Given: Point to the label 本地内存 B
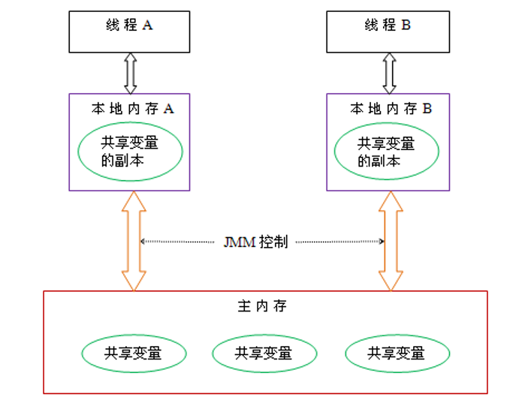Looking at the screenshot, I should (x=391, y=108).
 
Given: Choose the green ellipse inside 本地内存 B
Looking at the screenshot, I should (x=386, y=152).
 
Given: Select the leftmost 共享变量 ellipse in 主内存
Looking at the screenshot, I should (x=133, y=352).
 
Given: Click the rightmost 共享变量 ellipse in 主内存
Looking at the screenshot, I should (x=396, y=352).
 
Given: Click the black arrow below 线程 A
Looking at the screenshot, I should (x=131, y=73).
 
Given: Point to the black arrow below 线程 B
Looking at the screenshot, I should (x=389, y=73).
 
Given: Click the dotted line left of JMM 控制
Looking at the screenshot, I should (x=180, y=242).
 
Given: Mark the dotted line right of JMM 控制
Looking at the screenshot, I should (x=338, y=242).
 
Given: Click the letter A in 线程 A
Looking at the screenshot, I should (x=147, y=26).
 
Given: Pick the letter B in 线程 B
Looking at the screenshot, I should (x=406, y=26).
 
